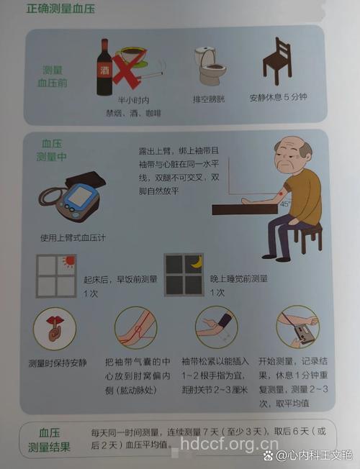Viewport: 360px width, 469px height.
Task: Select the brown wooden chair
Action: point(276,62)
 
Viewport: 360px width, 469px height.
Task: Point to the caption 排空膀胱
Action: point(208,99)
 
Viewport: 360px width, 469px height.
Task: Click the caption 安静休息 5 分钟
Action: point(278,97)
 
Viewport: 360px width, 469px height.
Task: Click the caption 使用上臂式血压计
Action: point(73,237)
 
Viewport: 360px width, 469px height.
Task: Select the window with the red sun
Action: point(57,275)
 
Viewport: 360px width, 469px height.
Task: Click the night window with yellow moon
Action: point(184,274)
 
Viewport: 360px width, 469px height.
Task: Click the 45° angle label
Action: point(284,204)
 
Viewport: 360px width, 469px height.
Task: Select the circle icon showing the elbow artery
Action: point(136,327)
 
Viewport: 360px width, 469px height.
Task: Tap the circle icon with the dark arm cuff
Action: point(216,327)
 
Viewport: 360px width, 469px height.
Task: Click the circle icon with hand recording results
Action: point(297,327)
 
